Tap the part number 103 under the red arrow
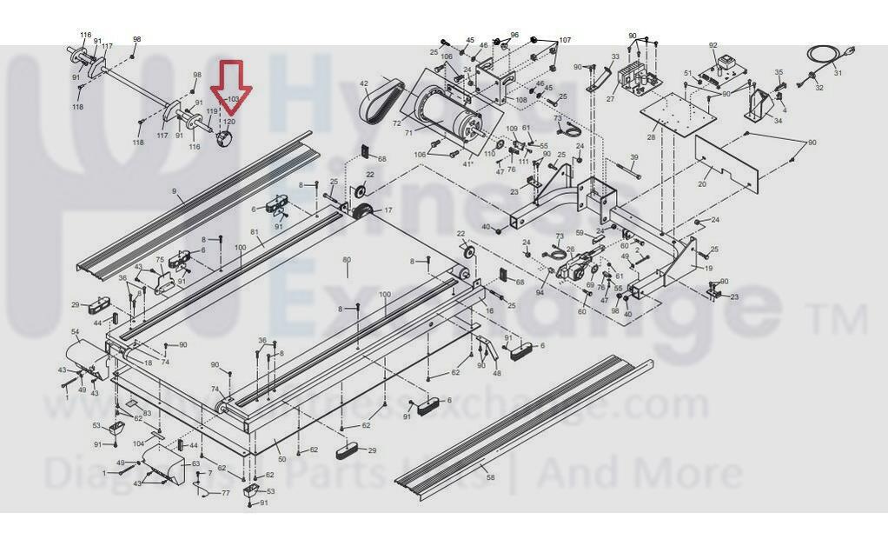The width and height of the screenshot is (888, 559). coord(232,100)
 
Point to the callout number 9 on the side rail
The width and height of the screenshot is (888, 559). coord(174,192)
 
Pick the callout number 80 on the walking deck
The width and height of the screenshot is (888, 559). coord(346,260)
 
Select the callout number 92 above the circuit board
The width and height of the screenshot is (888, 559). coord(713,45)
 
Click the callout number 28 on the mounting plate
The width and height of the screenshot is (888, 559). coord(652,137)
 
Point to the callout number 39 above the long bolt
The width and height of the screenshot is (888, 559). coord(633,157)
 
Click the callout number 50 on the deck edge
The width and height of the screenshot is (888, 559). coord(281,459)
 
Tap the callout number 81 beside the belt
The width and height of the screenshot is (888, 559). coord(255,232)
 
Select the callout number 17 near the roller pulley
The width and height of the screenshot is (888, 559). coord(388,210)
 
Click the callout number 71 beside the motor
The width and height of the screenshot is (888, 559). coord(408,133)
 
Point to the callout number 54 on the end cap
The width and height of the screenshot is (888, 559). coord(76,333)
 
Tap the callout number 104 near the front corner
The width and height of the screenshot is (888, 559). coord(139,443)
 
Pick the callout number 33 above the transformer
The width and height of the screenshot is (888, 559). coord(615,57)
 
